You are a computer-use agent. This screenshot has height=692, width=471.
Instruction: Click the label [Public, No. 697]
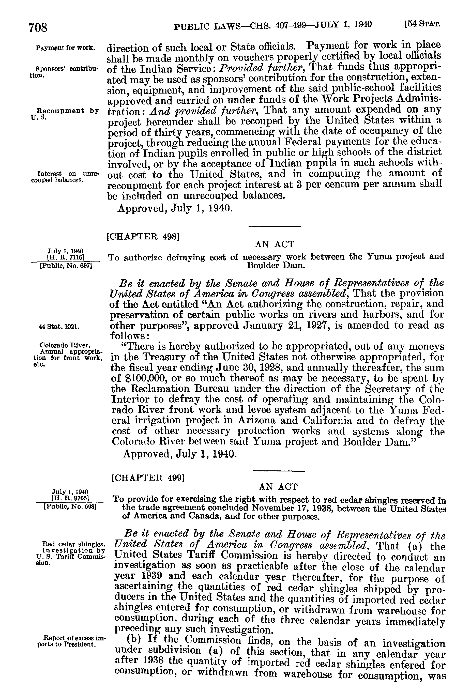(x=66, y=264)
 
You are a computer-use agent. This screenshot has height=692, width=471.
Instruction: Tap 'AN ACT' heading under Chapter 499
(x=278, y=487)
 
